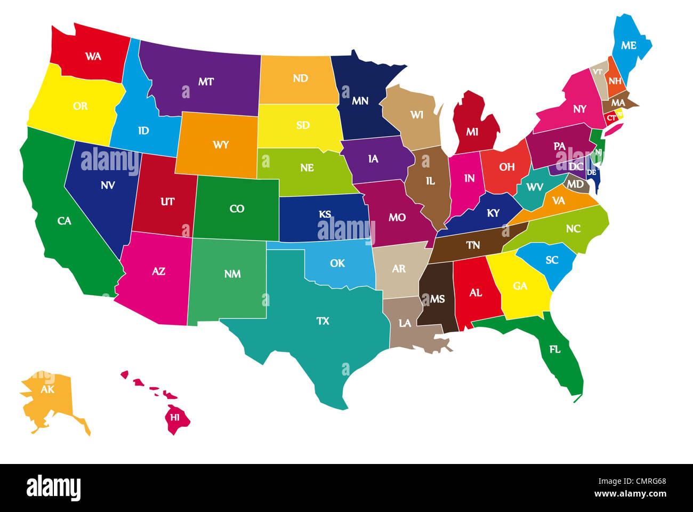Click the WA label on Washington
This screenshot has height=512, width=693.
pos(93,56)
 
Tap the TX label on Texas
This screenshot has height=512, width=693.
pos(323,321)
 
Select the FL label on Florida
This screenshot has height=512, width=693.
pos(554,350)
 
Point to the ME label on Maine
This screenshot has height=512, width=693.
pos(628,46)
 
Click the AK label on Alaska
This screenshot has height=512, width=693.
pos(47,389)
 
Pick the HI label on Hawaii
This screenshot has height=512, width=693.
pos(174,418)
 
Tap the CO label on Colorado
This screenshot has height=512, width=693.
pos(237,209)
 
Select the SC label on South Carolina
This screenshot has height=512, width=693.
pos(552,260)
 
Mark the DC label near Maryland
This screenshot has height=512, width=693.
pos(576,166)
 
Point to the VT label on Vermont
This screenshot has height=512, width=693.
pos(598,71)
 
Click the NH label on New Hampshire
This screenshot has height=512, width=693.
pos(615,81)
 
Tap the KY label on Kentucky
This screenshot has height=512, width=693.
pos(493,213)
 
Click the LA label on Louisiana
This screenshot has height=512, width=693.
pos(405,323)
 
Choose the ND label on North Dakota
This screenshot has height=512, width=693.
pos(300,78)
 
